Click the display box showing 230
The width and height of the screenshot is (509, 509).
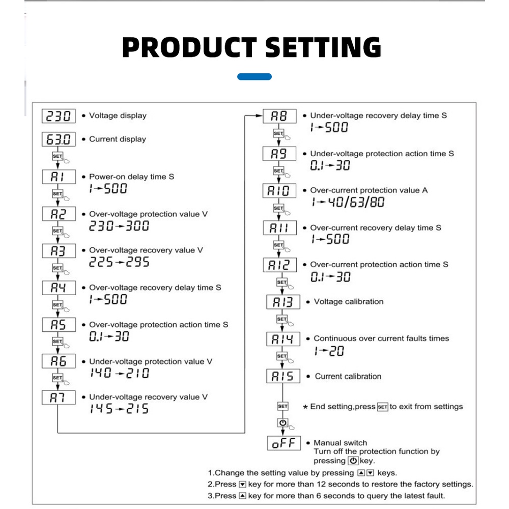pyautogui.click(x=59, y=116)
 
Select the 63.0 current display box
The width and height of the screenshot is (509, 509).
pyautogui.click(x=59, y=139)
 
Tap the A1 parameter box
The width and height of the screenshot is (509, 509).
pyautogui.click(x=59, y=177)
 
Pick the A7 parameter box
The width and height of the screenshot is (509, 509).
pyautogui.click(x=59, y=398)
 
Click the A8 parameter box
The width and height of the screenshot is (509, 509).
pyautogui.click(x=279, y=116)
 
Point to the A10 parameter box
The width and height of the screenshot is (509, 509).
pyautogui.click(x=279, y=191)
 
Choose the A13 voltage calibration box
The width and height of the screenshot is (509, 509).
pyautogui.click(x=281, y=302)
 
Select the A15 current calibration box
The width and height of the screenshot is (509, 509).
pyautogui.click(x=281, y=376)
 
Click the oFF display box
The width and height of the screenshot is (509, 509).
pyautogui.click(x=284, y=443)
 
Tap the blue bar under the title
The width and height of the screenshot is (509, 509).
pyautogui.click(x=254, y=77)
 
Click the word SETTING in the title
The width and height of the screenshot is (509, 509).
pyautogui.click(x=323, y=47)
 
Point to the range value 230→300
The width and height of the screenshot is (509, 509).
pyautogui.click(x=119, y=226)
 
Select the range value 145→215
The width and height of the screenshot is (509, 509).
pyautogui.click(x=119, y=409)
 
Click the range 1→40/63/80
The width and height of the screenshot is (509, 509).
pyautogui.click(x=348, y=203)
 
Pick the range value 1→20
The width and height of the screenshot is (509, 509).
pyautogui.click(x=329, y=351)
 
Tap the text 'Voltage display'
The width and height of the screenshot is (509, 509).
pyautogui.click(x=118, y=116)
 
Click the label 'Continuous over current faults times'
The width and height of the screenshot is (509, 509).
pyautogui.click(x=381, y=338)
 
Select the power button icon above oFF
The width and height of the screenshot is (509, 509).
pyautogui.click(x=283, y=422)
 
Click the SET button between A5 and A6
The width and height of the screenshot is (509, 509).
pyautogui.click(x=57, y=341)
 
